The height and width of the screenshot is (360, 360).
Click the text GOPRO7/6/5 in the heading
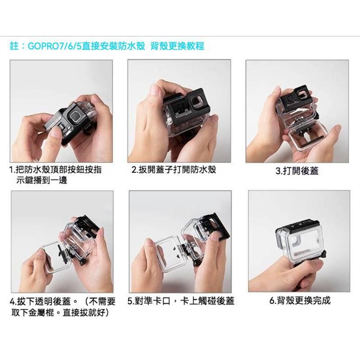point(54,46)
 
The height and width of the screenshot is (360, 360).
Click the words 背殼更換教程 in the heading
point(179,46)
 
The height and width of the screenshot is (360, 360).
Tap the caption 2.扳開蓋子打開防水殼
point(174,170)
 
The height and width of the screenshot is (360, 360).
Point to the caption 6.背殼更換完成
point(300,300)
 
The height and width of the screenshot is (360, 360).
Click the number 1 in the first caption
point(12,171)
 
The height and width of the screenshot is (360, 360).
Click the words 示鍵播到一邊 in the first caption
point(41,181)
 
